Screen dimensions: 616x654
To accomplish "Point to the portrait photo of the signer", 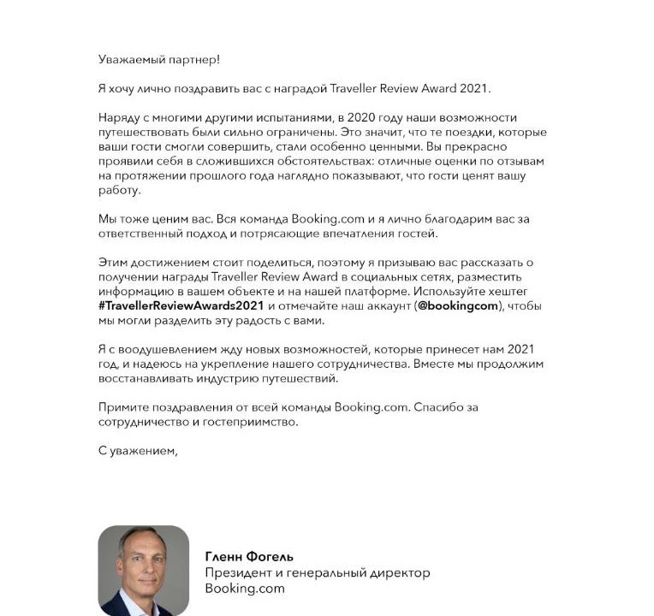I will [x=143, y=571].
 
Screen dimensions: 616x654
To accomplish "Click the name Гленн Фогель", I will [x=249, y=556].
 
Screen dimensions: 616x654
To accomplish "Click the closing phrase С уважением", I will [x=137, y=451].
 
